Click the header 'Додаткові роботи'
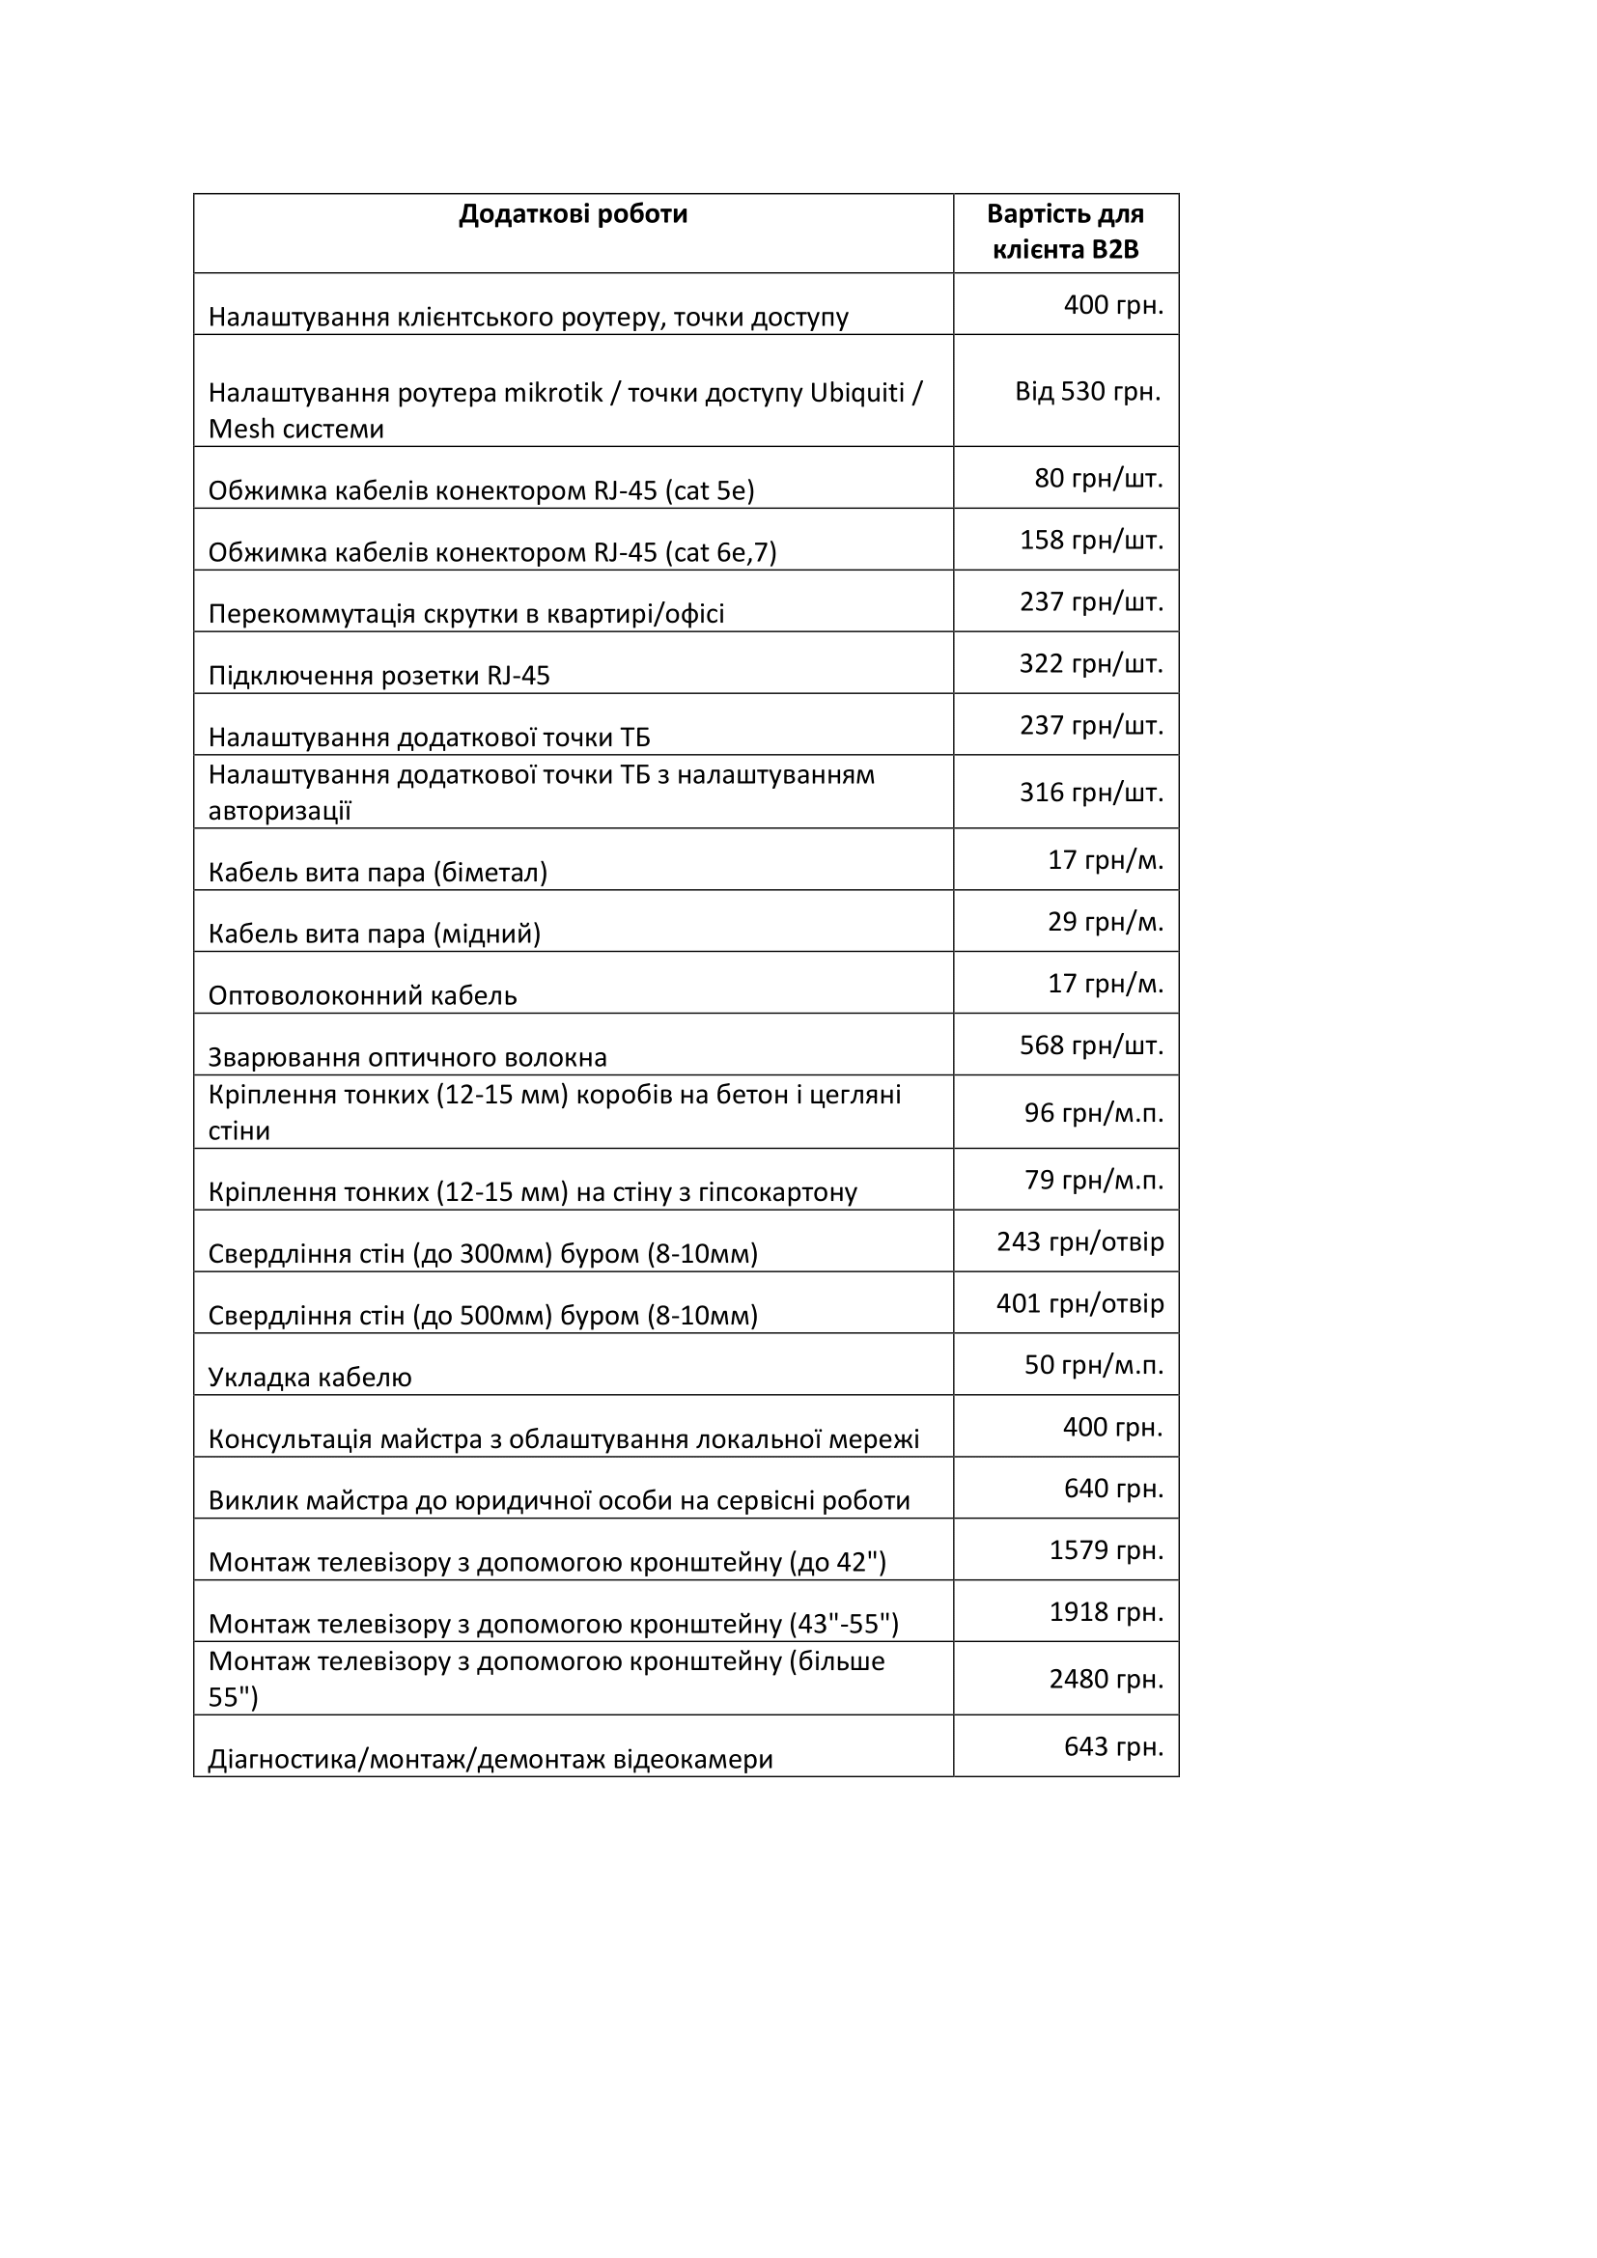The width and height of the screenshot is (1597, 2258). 573,214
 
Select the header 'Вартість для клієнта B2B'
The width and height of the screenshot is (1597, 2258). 1065,232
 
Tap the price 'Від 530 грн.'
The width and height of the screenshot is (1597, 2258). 1087,391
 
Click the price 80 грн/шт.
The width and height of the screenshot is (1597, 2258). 1099,479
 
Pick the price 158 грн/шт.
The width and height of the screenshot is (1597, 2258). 1092,540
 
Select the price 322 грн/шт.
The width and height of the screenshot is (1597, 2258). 1092,664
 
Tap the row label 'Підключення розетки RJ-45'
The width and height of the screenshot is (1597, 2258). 378,676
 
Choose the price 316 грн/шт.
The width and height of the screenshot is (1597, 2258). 1092,792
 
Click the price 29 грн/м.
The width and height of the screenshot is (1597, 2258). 1106,922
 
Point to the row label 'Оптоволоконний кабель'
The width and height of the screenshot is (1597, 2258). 362,995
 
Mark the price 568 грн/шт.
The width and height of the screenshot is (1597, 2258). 1092,1045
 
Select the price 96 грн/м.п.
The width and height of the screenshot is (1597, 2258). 1094,1112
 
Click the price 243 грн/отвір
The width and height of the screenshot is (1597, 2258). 1079,1242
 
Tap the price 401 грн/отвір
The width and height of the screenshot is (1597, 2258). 1079,1304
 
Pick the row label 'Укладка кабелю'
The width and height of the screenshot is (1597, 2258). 310,1377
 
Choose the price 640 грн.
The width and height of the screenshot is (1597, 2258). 1113,1489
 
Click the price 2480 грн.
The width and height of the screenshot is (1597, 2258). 1107,1679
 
